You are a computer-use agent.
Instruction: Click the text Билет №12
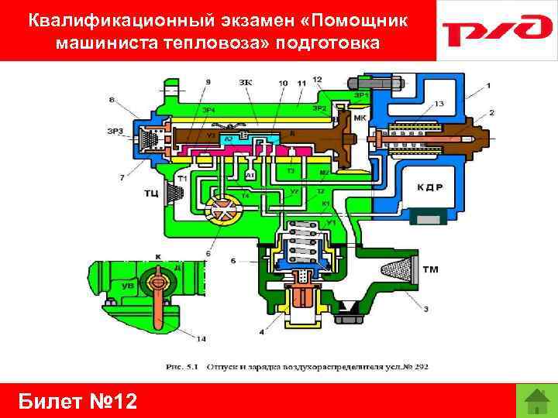point(76,402)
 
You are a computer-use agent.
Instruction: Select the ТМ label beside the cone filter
point(432,269)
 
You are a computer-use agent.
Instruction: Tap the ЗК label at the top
point(246,81)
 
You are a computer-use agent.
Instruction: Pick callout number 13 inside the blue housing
point(439,104)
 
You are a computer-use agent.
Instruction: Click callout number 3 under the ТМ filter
point(425,309)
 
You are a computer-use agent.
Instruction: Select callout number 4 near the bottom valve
point(261,332)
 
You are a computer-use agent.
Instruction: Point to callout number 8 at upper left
point(113,100)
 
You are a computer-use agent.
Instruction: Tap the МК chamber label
point(360,119)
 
